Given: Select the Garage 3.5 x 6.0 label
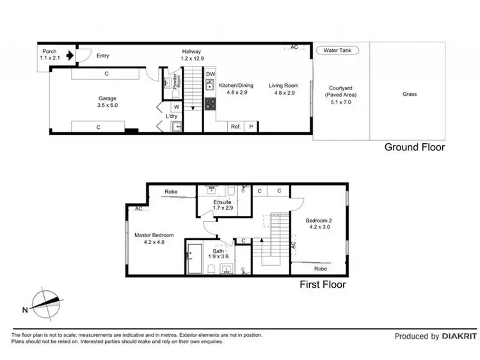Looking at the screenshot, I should pos(107,102).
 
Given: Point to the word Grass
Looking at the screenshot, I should pos(410,94).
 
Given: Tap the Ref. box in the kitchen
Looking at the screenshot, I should pos(236,127).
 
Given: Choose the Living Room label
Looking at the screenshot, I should pos(284,88).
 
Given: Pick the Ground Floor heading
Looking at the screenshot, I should pos(414,147).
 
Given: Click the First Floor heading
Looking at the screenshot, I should pos(323,284).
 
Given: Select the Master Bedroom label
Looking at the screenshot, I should pos(154,239).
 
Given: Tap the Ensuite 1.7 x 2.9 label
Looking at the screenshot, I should pos(223,205).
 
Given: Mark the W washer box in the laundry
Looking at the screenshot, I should pos(177,107).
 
